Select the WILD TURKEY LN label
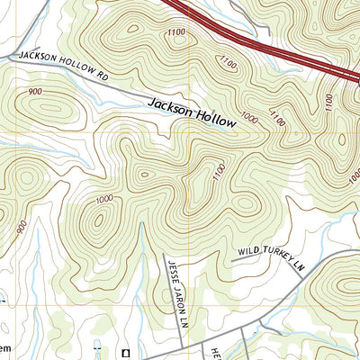[x=273, y=257]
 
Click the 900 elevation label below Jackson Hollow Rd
[x=36, y=91]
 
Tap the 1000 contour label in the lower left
[x=103, y=199]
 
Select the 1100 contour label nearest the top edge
[x=177, y=33]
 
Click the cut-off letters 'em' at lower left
[x=5, y=347]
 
